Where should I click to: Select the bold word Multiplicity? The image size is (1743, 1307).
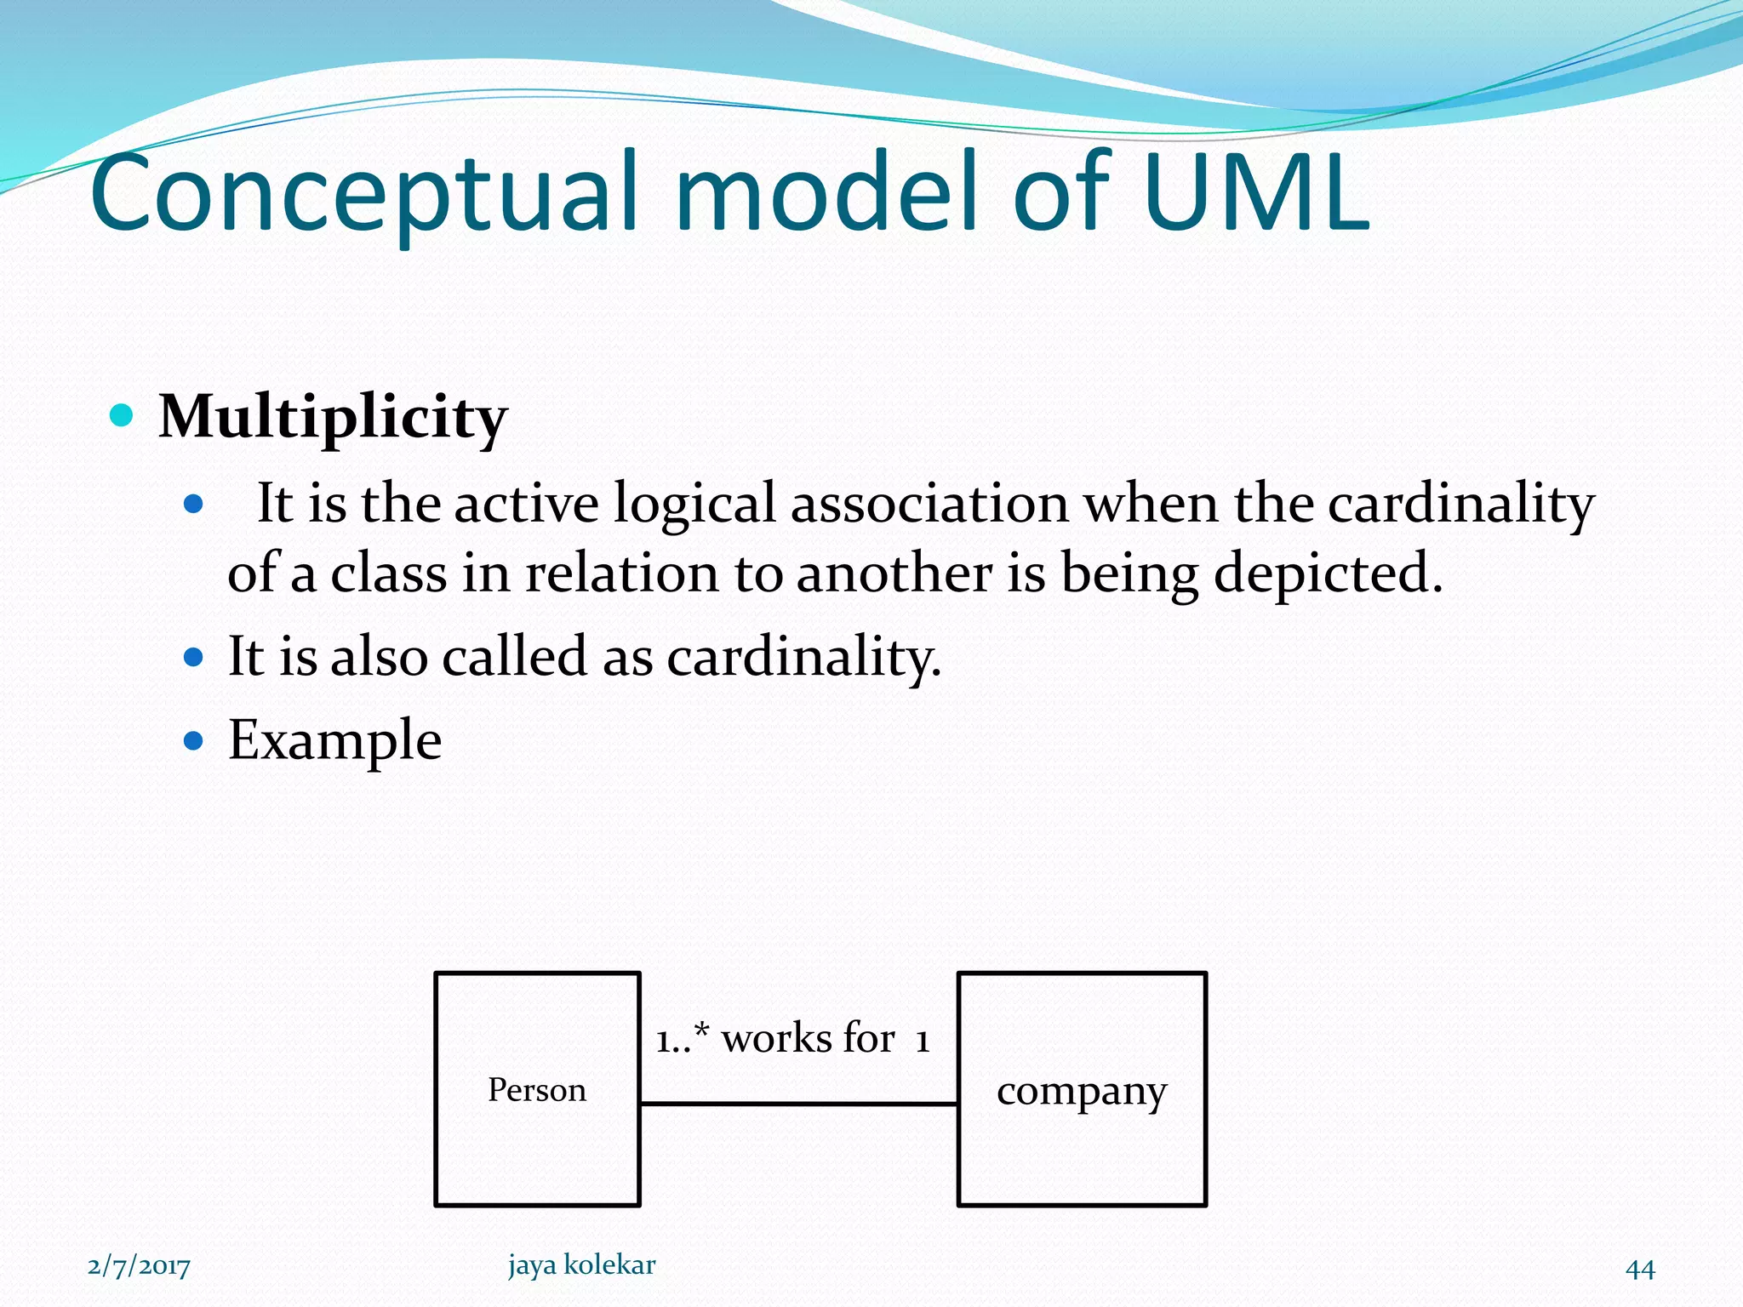(x=333, y=418)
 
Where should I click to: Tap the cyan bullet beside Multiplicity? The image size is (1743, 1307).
(x=123, y=416)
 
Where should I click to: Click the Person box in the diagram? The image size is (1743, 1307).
(x=537, y=1089)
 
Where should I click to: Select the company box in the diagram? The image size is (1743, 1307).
(x=1082, y=1089)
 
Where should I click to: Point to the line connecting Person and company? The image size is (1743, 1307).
(x=798, y=1104)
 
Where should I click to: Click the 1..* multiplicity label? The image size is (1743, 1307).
(x=682, y=1038)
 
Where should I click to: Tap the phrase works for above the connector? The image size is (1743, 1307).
(x=809, y=1038)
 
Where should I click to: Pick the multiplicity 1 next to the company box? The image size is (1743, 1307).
(x=923, y=1040)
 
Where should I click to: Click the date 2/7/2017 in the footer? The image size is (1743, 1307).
(x=139, y=1266)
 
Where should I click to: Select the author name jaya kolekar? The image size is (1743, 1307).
(x=582, y=1264)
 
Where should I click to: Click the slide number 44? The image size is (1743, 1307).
(x=1640, y=1269)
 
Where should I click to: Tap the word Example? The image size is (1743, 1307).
(x=334, y=739)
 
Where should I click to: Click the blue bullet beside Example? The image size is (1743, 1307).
(x=194, y=740)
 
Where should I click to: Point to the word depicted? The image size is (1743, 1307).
(x=1328, y=573)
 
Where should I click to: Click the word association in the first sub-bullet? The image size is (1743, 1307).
(x=929, y=503)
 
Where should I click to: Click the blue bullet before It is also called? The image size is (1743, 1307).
(x=194, y=657)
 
